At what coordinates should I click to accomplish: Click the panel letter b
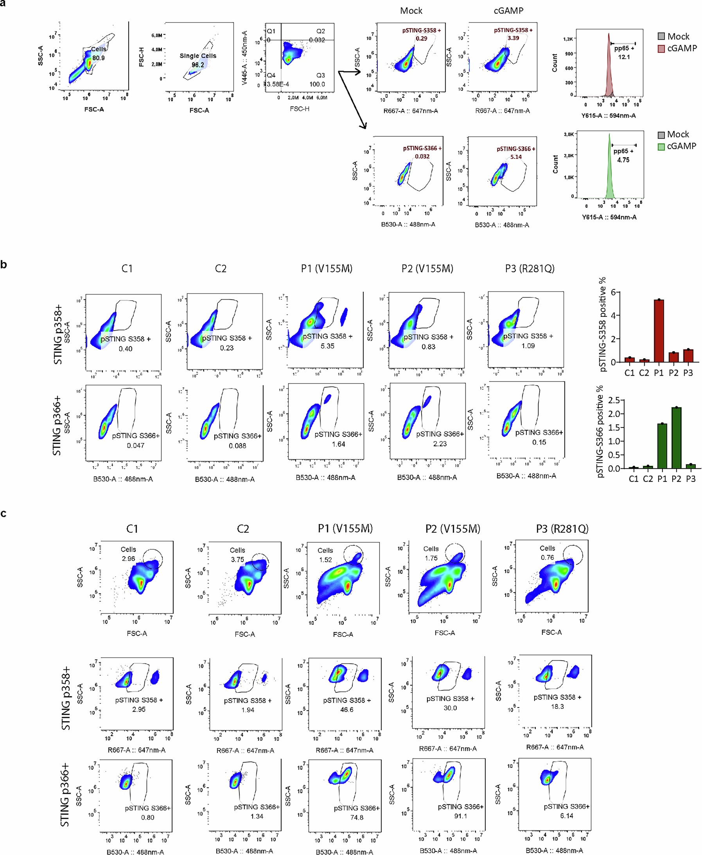4,265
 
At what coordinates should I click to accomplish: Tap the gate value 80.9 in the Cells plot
98,58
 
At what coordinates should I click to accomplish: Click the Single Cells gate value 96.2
198,65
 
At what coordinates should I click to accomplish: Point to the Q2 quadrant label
320,31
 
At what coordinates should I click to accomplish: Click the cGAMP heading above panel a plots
508,11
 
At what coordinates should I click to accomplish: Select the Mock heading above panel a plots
411,11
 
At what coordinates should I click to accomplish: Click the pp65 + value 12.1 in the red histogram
624,57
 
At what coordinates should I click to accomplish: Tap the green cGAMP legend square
661,146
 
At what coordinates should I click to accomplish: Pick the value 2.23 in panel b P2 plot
440,444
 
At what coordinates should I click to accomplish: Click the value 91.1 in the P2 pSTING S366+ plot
461,816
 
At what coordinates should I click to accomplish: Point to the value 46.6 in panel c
347,710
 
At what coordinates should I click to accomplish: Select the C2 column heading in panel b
221,269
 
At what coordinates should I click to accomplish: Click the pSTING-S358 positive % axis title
603,324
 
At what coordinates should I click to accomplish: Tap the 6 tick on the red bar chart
614,292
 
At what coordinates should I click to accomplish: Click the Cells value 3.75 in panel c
237,559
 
